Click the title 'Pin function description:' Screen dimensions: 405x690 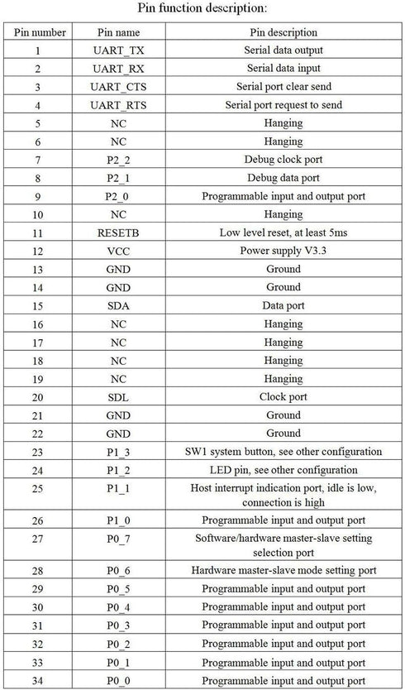202,9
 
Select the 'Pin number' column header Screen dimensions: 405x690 38,32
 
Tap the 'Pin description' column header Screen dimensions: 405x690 283,32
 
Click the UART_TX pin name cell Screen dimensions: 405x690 119,50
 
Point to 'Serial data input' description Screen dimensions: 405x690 283,69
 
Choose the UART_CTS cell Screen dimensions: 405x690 119,87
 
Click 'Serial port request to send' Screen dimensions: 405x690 283,105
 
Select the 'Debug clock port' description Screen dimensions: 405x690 283,160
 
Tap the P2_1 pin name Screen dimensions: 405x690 119,178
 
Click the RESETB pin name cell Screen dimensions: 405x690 119,232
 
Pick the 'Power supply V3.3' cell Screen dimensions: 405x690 283,251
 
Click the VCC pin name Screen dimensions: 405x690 119,251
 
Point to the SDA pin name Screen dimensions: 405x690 119,305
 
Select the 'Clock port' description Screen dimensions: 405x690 283,396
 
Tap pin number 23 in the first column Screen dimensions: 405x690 38,452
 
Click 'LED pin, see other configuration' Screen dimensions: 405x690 283,470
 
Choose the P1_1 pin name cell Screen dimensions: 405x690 119,495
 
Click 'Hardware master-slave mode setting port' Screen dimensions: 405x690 283,570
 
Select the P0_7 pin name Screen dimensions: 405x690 119,545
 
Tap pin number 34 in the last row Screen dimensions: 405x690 38,680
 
